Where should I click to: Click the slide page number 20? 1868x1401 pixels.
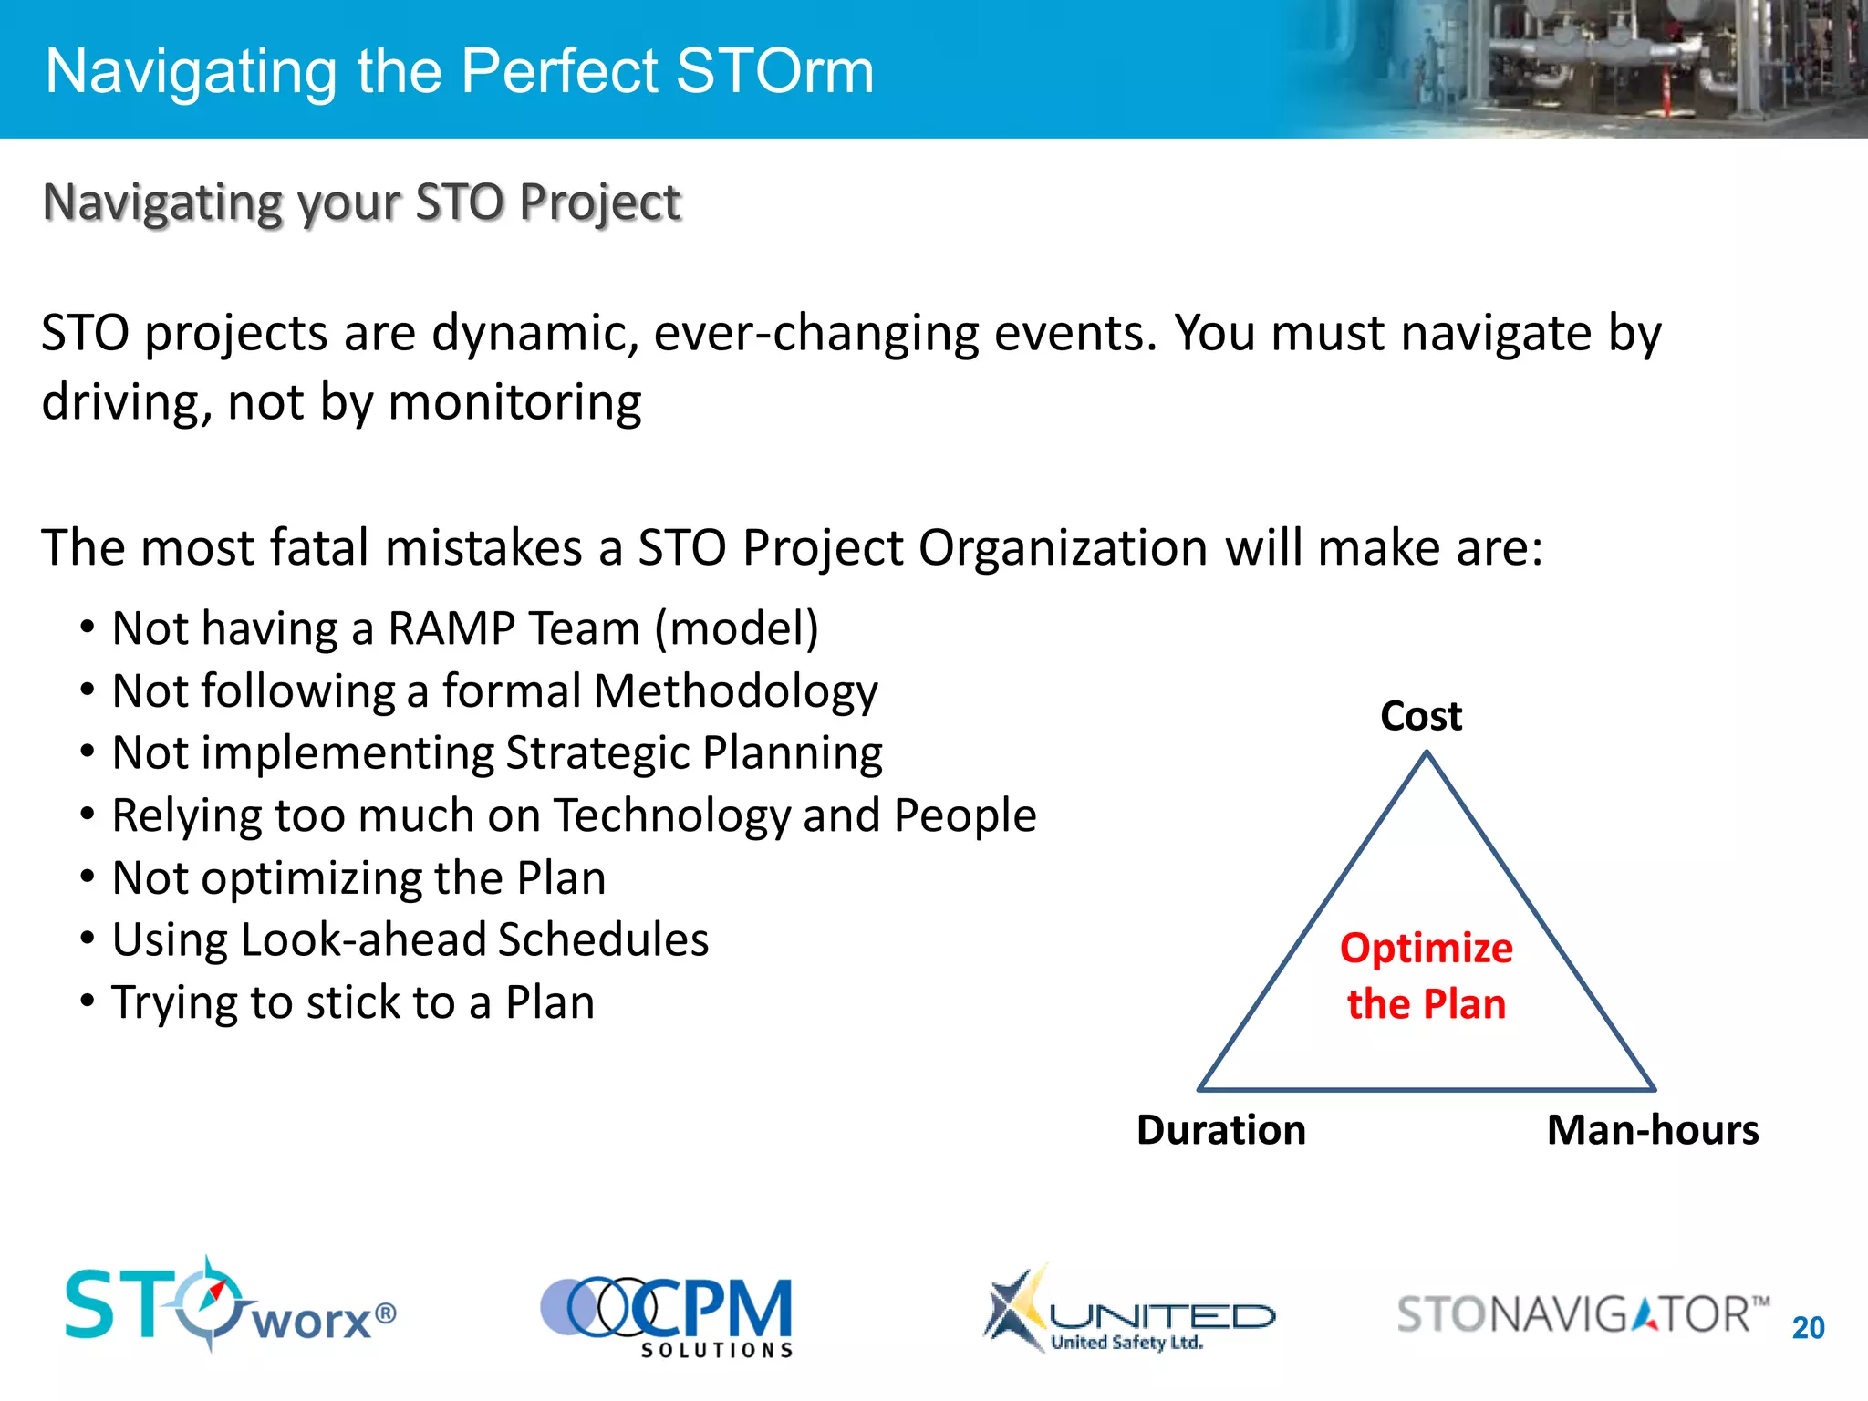click(x=1808, y=1327)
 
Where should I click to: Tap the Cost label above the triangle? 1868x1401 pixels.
click(x=1420, y=716)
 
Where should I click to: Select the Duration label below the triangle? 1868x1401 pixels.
click(x=1220, y=1130)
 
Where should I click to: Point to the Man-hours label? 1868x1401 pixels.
click(x=1652, y=1130)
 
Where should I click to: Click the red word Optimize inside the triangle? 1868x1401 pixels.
click(x=1426, y=949)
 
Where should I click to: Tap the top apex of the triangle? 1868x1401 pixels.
click(x=1427, y=753)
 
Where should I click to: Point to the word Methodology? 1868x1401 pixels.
click(x=735, y=692)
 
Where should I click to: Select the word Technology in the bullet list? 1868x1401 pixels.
click(x=672, y=816)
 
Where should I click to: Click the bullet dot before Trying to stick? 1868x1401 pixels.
click(x=88, y=1001)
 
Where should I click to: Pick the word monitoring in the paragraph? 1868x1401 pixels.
click(x=514, y=402)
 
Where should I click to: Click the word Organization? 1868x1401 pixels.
click(x=1064, y=548)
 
